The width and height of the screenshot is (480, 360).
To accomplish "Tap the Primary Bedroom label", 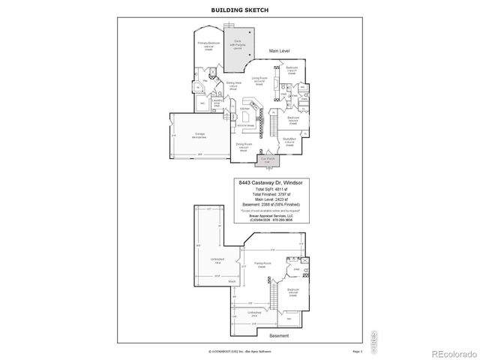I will (x=208, y=44).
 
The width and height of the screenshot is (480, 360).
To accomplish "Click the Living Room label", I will (x=259, y=78).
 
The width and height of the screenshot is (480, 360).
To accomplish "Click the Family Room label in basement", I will (x=262, y=264).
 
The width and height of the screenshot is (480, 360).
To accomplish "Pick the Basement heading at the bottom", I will (x=278, y=335).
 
